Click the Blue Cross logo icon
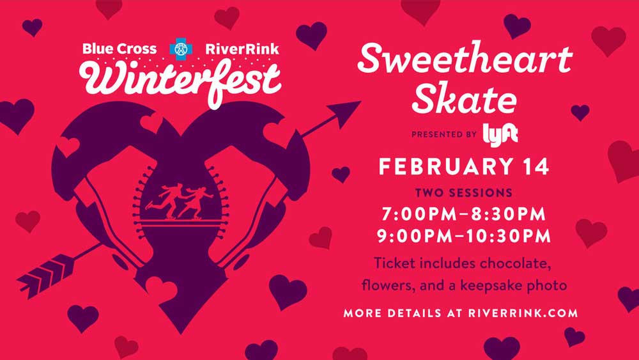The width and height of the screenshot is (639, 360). click(x=181, y=49)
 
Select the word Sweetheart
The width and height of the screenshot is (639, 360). click(x=465, y=59)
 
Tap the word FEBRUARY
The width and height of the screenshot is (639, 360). click(x=446, y=167)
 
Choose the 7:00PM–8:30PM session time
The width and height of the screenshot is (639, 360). click(x=464, y=214)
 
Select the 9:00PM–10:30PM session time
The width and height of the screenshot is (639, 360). click(x=464, y=237)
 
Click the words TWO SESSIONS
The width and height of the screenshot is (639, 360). click(x=464, y=192)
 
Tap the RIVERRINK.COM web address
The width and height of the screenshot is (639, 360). click(x=523, y=313)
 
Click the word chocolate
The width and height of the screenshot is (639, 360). click(x=515, y=263)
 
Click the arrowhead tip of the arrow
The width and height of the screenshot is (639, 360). click(x=360, y=102)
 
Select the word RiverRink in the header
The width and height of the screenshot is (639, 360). click(x=242, y=49)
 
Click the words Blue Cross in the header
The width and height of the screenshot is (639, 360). click(x=119, y=49)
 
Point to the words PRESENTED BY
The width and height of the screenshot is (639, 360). click(x=444, y=134)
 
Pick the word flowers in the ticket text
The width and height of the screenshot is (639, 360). click(x=387, y=285)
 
